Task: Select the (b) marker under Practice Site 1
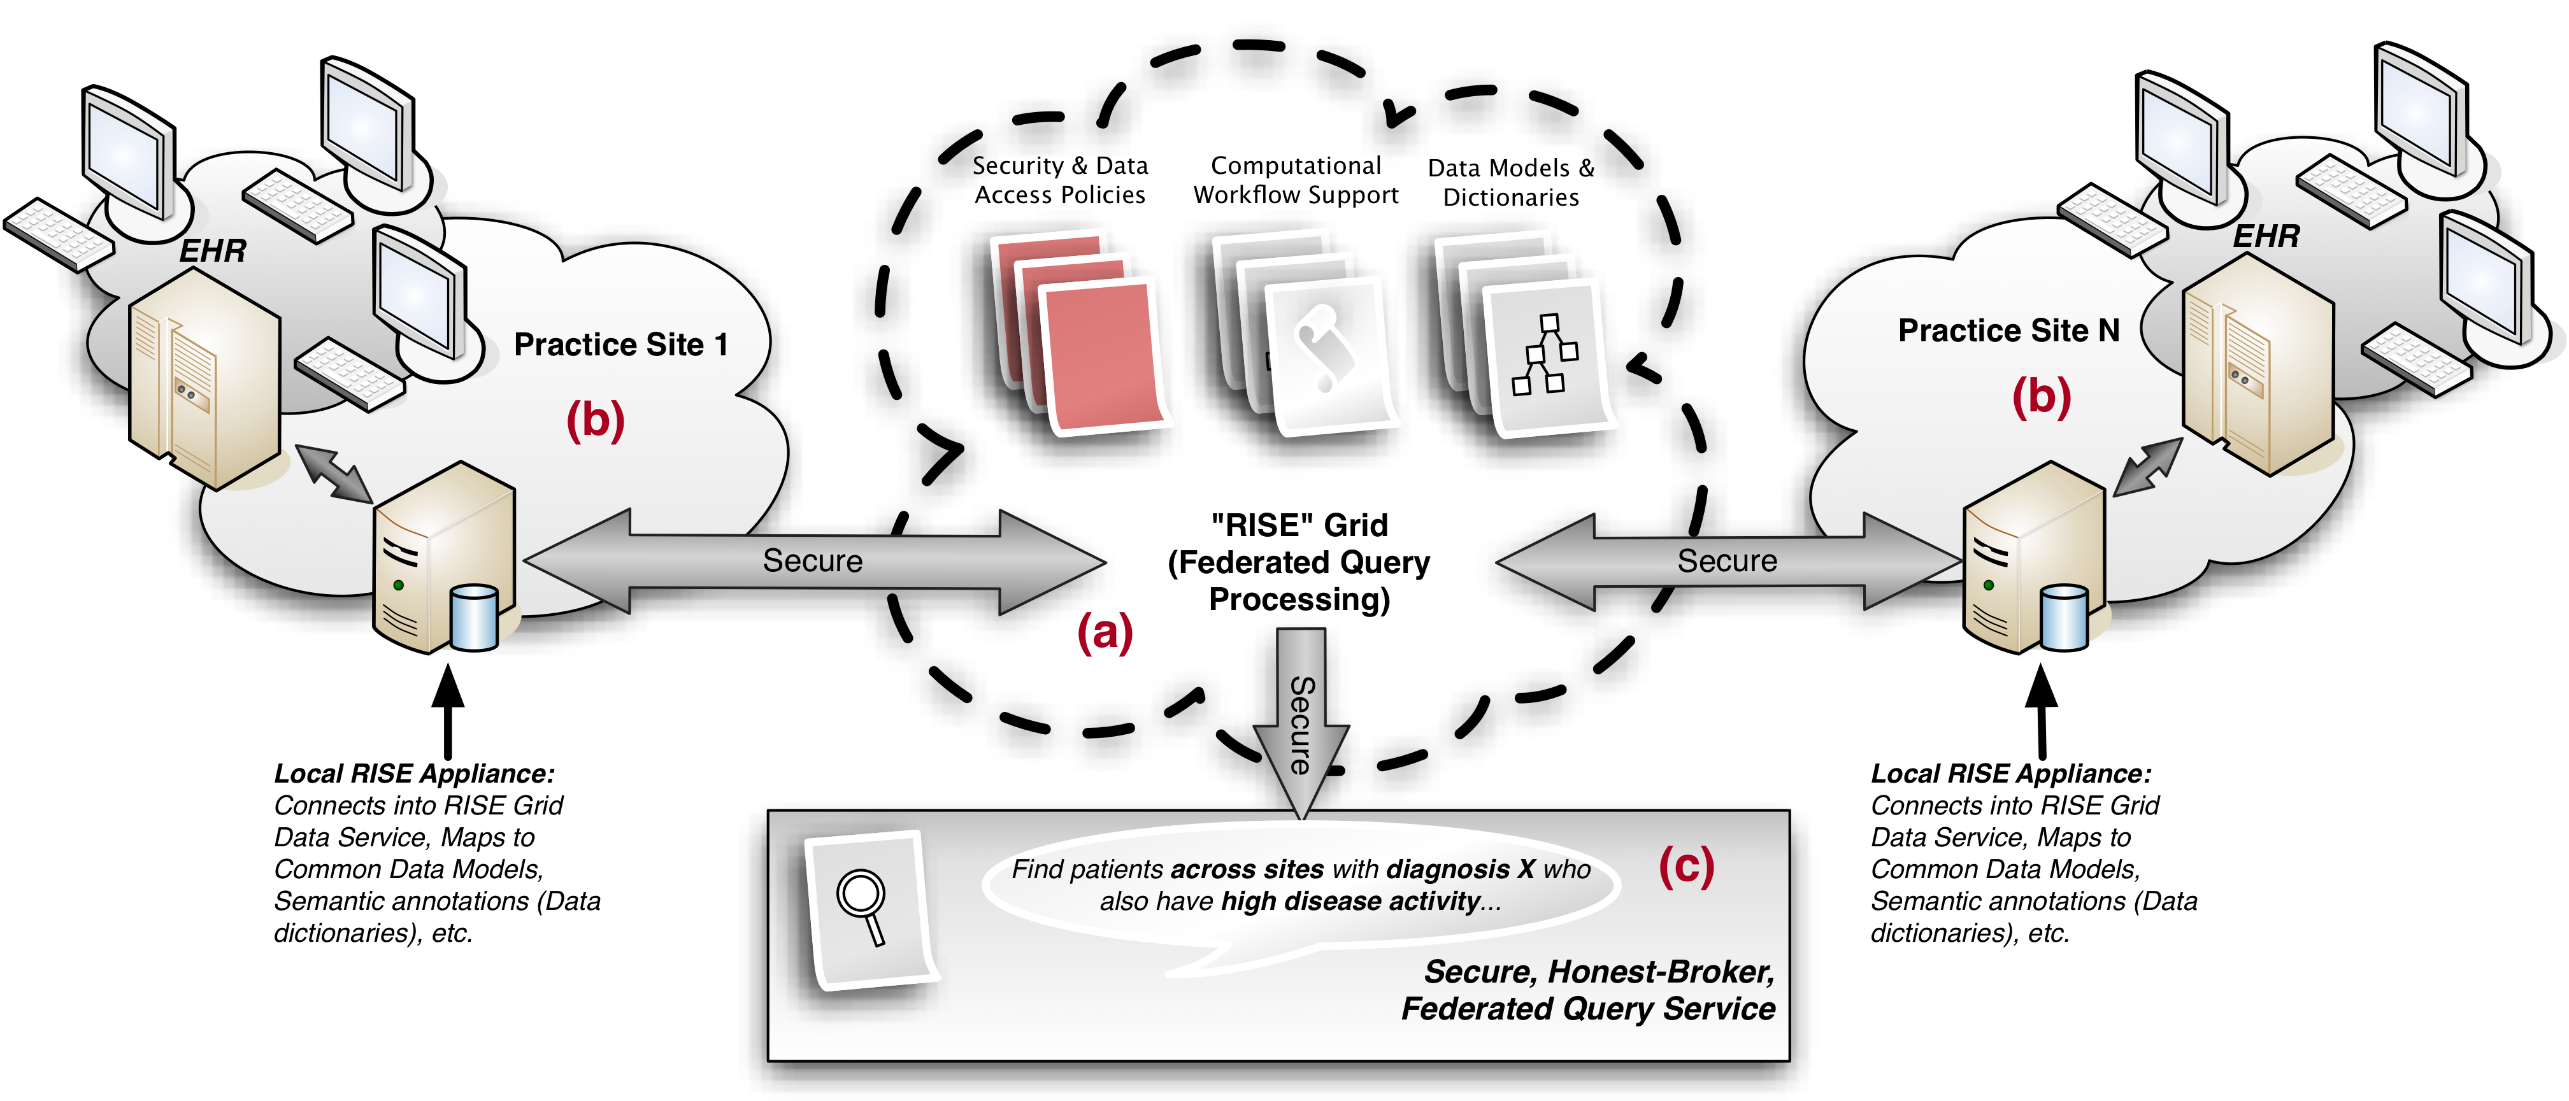click(x=596, y=419)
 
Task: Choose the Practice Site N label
click(x=2008, y=330)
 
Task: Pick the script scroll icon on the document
click(x=1324, y=349)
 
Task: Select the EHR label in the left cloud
click(x=212, y=250)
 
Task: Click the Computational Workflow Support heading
click(x=1296, y=180)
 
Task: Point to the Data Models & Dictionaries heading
click(x=1511, y=183)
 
